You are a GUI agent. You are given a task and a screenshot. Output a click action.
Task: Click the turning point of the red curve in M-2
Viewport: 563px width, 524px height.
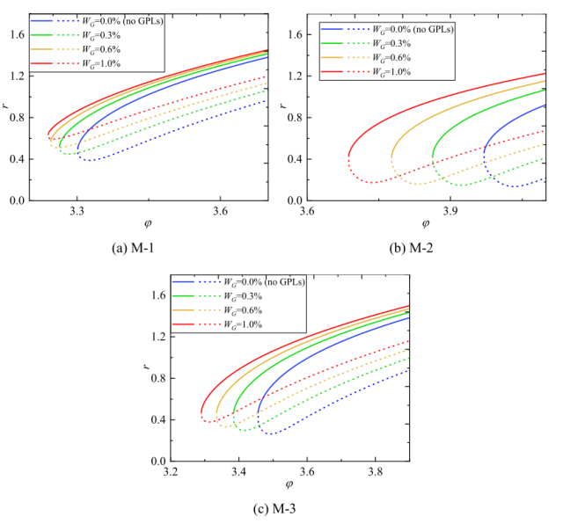tap(349, 156)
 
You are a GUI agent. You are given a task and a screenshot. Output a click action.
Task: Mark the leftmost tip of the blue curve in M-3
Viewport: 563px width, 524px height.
tap(258, 411)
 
